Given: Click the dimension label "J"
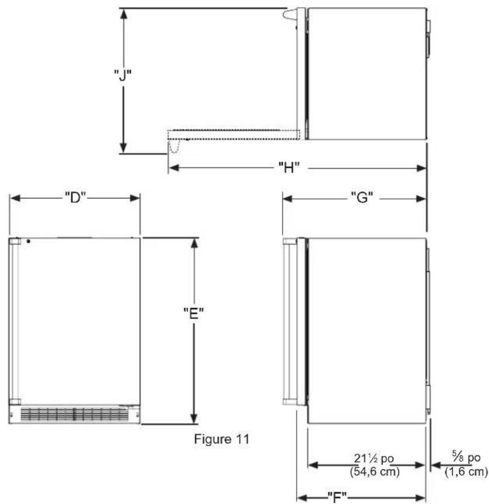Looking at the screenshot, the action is pos(123,75).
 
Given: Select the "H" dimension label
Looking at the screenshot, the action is pos(289,167).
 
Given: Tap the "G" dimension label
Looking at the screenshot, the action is pos(362,198).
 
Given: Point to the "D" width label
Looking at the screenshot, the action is pos(75,198).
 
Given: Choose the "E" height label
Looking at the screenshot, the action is pos(193,313).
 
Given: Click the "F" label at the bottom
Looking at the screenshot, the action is pos(337,497).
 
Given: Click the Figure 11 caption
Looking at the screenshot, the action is pos(221,439).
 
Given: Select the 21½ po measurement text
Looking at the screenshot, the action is pos(374,458).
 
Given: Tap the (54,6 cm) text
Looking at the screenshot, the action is pos(374,472).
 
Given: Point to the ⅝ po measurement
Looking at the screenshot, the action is pos(466,457).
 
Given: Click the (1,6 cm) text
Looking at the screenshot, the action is pos(466,472).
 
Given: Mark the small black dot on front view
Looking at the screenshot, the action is pos(29,241).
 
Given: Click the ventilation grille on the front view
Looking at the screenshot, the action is pos(75,415).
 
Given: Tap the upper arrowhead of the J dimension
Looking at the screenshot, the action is pos(124,14).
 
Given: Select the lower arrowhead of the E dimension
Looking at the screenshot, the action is pos(194,417).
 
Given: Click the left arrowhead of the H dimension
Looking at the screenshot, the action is pos(174,168).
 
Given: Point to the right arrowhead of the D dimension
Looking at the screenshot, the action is pos(134,198).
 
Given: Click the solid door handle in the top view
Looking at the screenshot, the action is pos(290,15).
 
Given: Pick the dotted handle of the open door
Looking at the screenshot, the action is pos(174,146).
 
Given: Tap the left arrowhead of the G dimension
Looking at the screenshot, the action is pos(287,199).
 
